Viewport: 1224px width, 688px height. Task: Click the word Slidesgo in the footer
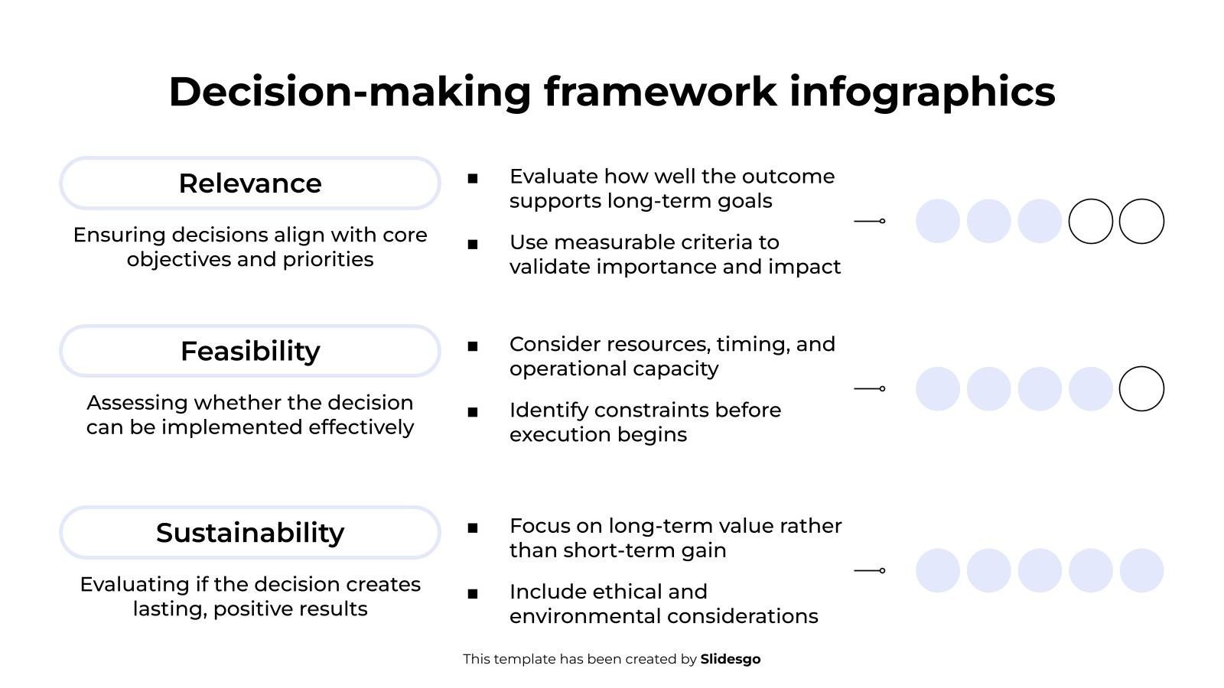pyautogui.click(x=730, y=659)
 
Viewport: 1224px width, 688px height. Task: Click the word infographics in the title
pyautogui.click(x=923, y=92)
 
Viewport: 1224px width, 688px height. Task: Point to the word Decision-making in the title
pyautogui.click(x=350, y=92)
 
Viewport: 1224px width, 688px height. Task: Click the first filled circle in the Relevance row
pyautogui.click(x=938, y=221)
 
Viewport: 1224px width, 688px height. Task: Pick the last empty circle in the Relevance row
pyautogui.click(x=1141, y=200)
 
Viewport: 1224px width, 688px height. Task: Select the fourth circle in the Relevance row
pyautogui.click(x=1091, y=200)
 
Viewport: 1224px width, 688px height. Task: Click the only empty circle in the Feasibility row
pyautogui.click(x=1141, y=367)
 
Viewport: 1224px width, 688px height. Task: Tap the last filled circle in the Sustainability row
pyautogui.click(x=1141, y=570)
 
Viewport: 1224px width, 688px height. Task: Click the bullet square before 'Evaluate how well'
pyautogui.click(x=473, y=179)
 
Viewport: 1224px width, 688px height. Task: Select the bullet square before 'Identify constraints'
pyautogui.click(x=473, y=412)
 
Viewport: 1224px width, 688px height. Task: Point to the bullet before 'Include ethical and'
pyautogui.click(x=473, y=594)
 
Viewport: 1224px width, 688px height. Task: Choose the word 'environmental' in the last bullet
pyautogui.click(x=584, y=616)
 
